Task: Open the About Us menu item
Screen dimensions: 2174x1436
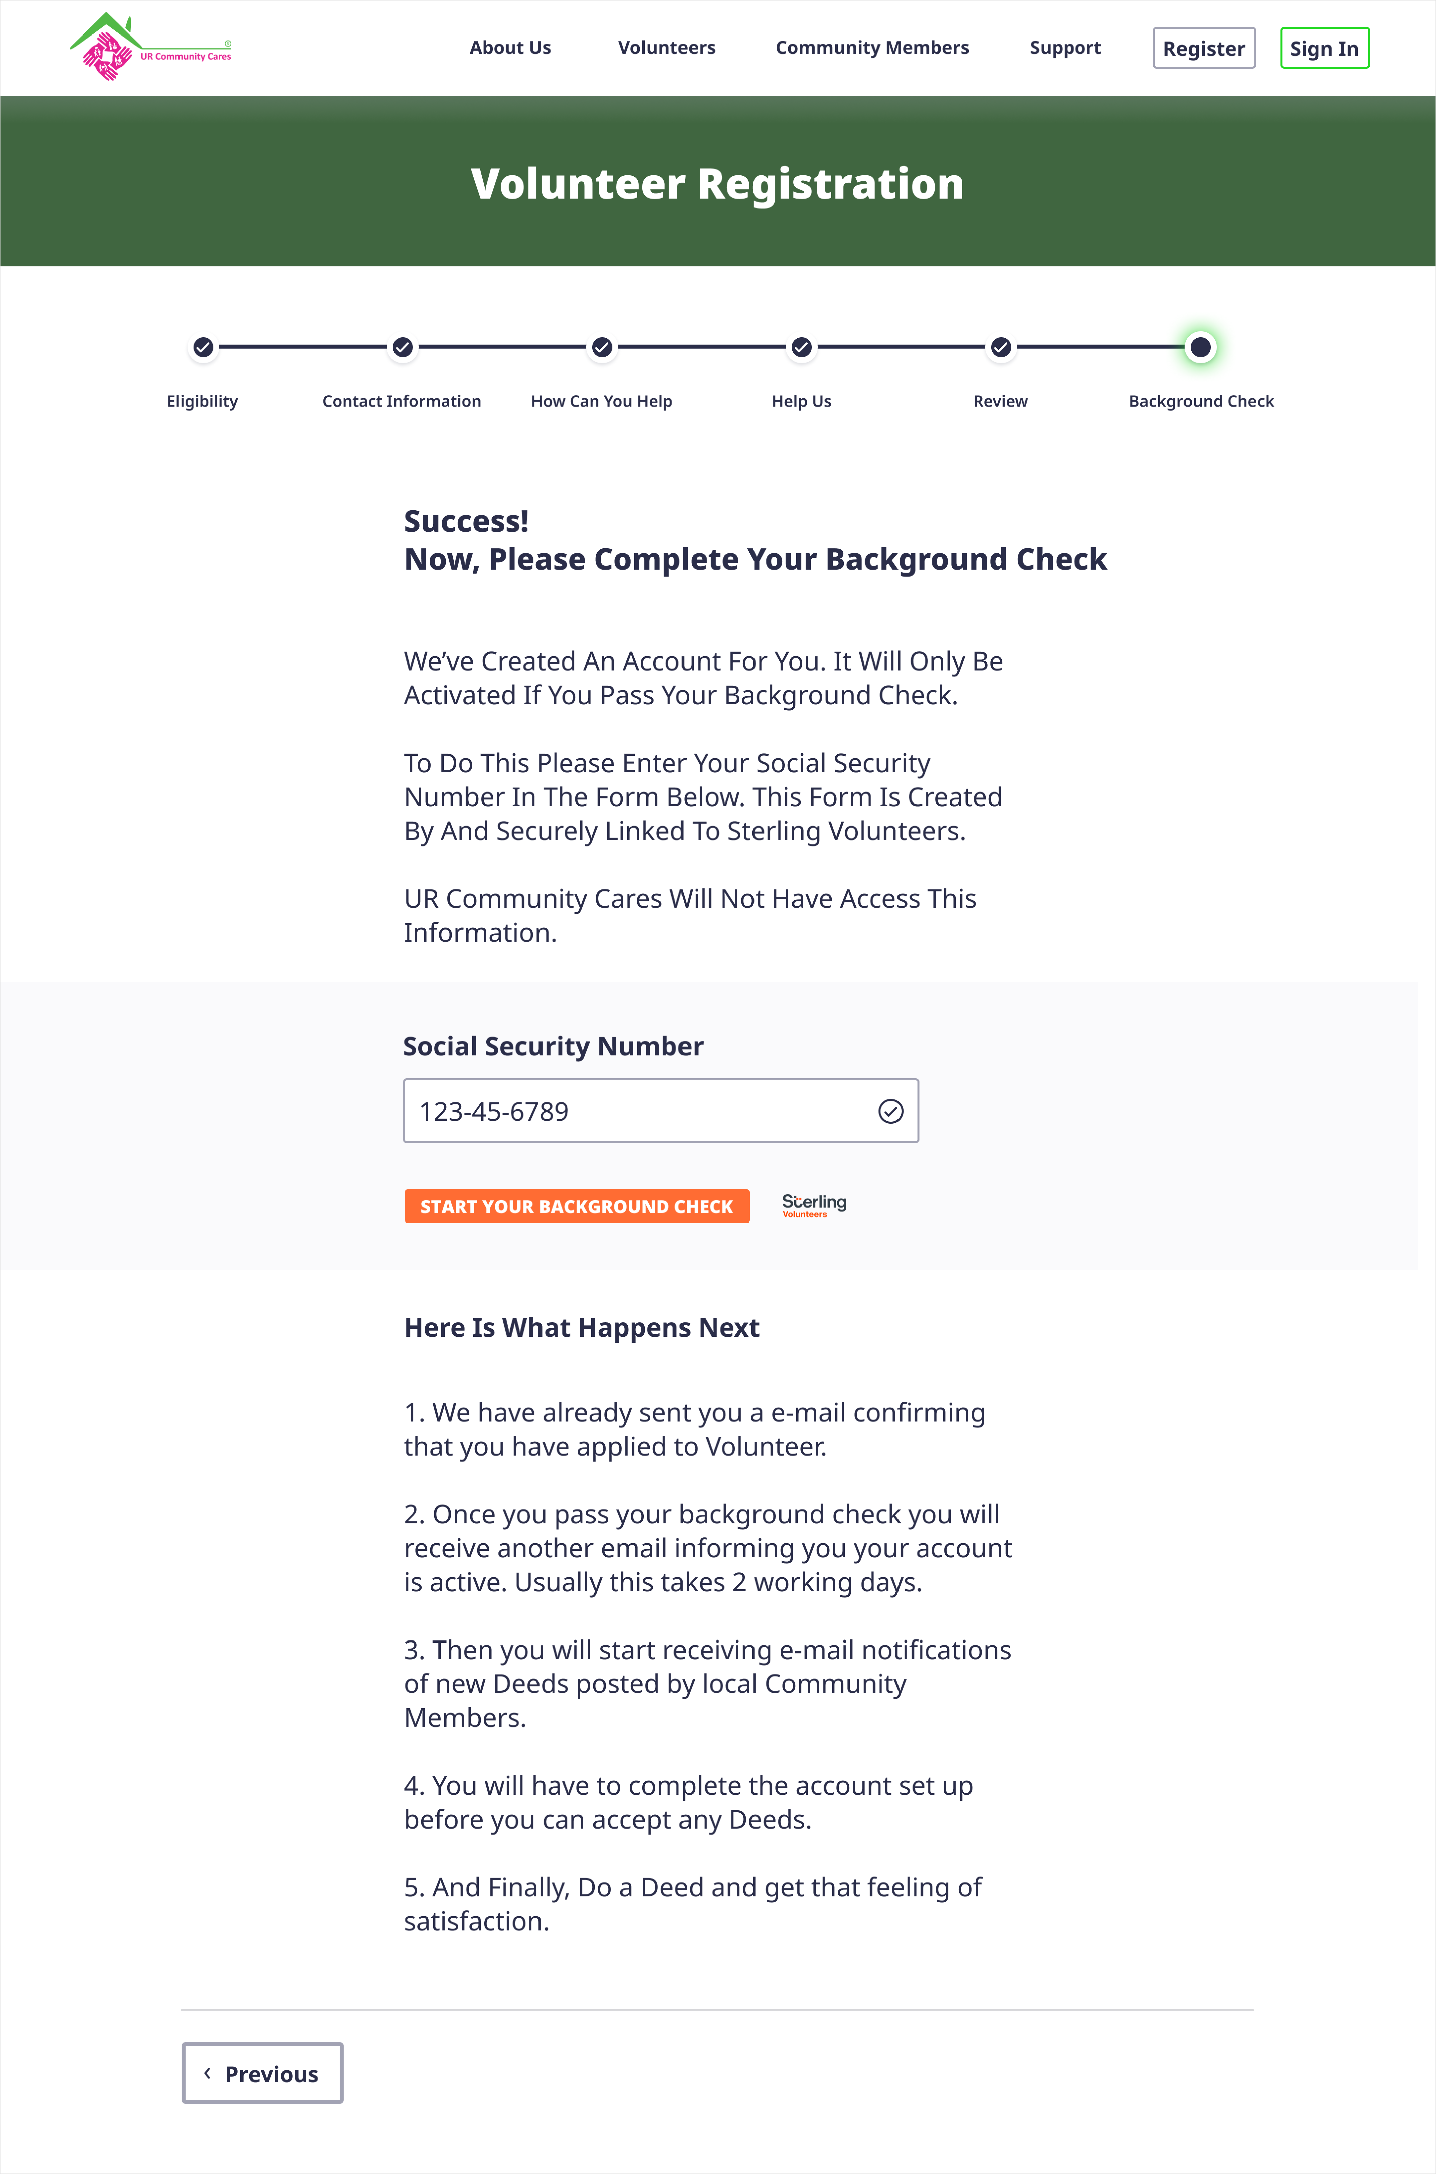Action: coord(510,48)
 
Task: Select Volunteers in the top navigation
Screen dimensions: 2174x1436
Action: coord(667,48)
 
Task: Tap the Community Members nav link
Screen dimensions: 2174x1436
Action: coord(872,48)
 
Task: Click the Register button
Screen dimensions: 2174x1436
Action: coord(1203,48)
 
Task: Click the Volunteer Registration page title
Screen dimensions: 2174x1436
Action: coord(717,184)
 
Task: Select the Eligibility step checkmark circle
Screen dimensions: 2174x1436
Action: coord(203,347)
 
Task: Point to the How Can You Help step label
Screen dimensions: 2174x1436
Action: coord(602,401)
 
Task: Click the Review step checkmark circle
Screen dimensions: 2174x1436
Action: coord(1001,347)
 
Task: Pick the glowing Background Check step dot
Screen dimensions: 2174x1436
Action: coord(1200,347)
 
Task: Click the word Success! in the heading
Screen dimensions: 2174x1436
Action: coord(466,521)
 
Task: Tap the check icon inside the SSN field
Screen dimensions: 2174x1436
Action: coord(890,1111)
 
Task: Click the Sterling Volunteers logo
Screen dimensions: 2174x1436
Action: coord(814,1205)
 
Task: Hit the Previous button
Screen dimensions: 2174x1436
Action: coord(262,2073)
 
